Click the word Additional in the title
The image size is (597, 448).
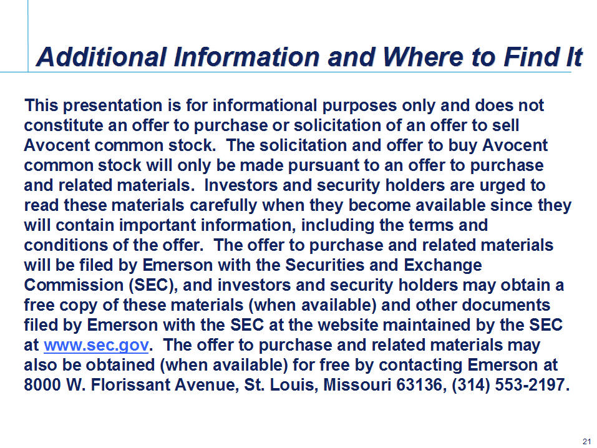coord(102,57)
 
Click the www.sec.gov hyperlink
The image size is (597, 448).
coord(96,345)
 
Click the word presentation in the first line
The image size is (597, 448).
coord(113,105)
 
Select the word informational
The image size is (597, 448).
coord(265,105)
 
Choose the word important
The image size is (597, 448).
coord(158,225)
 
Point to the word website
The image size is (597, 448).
coord(348,325)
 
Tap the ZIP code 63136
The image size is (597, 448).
coord(420,385)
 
